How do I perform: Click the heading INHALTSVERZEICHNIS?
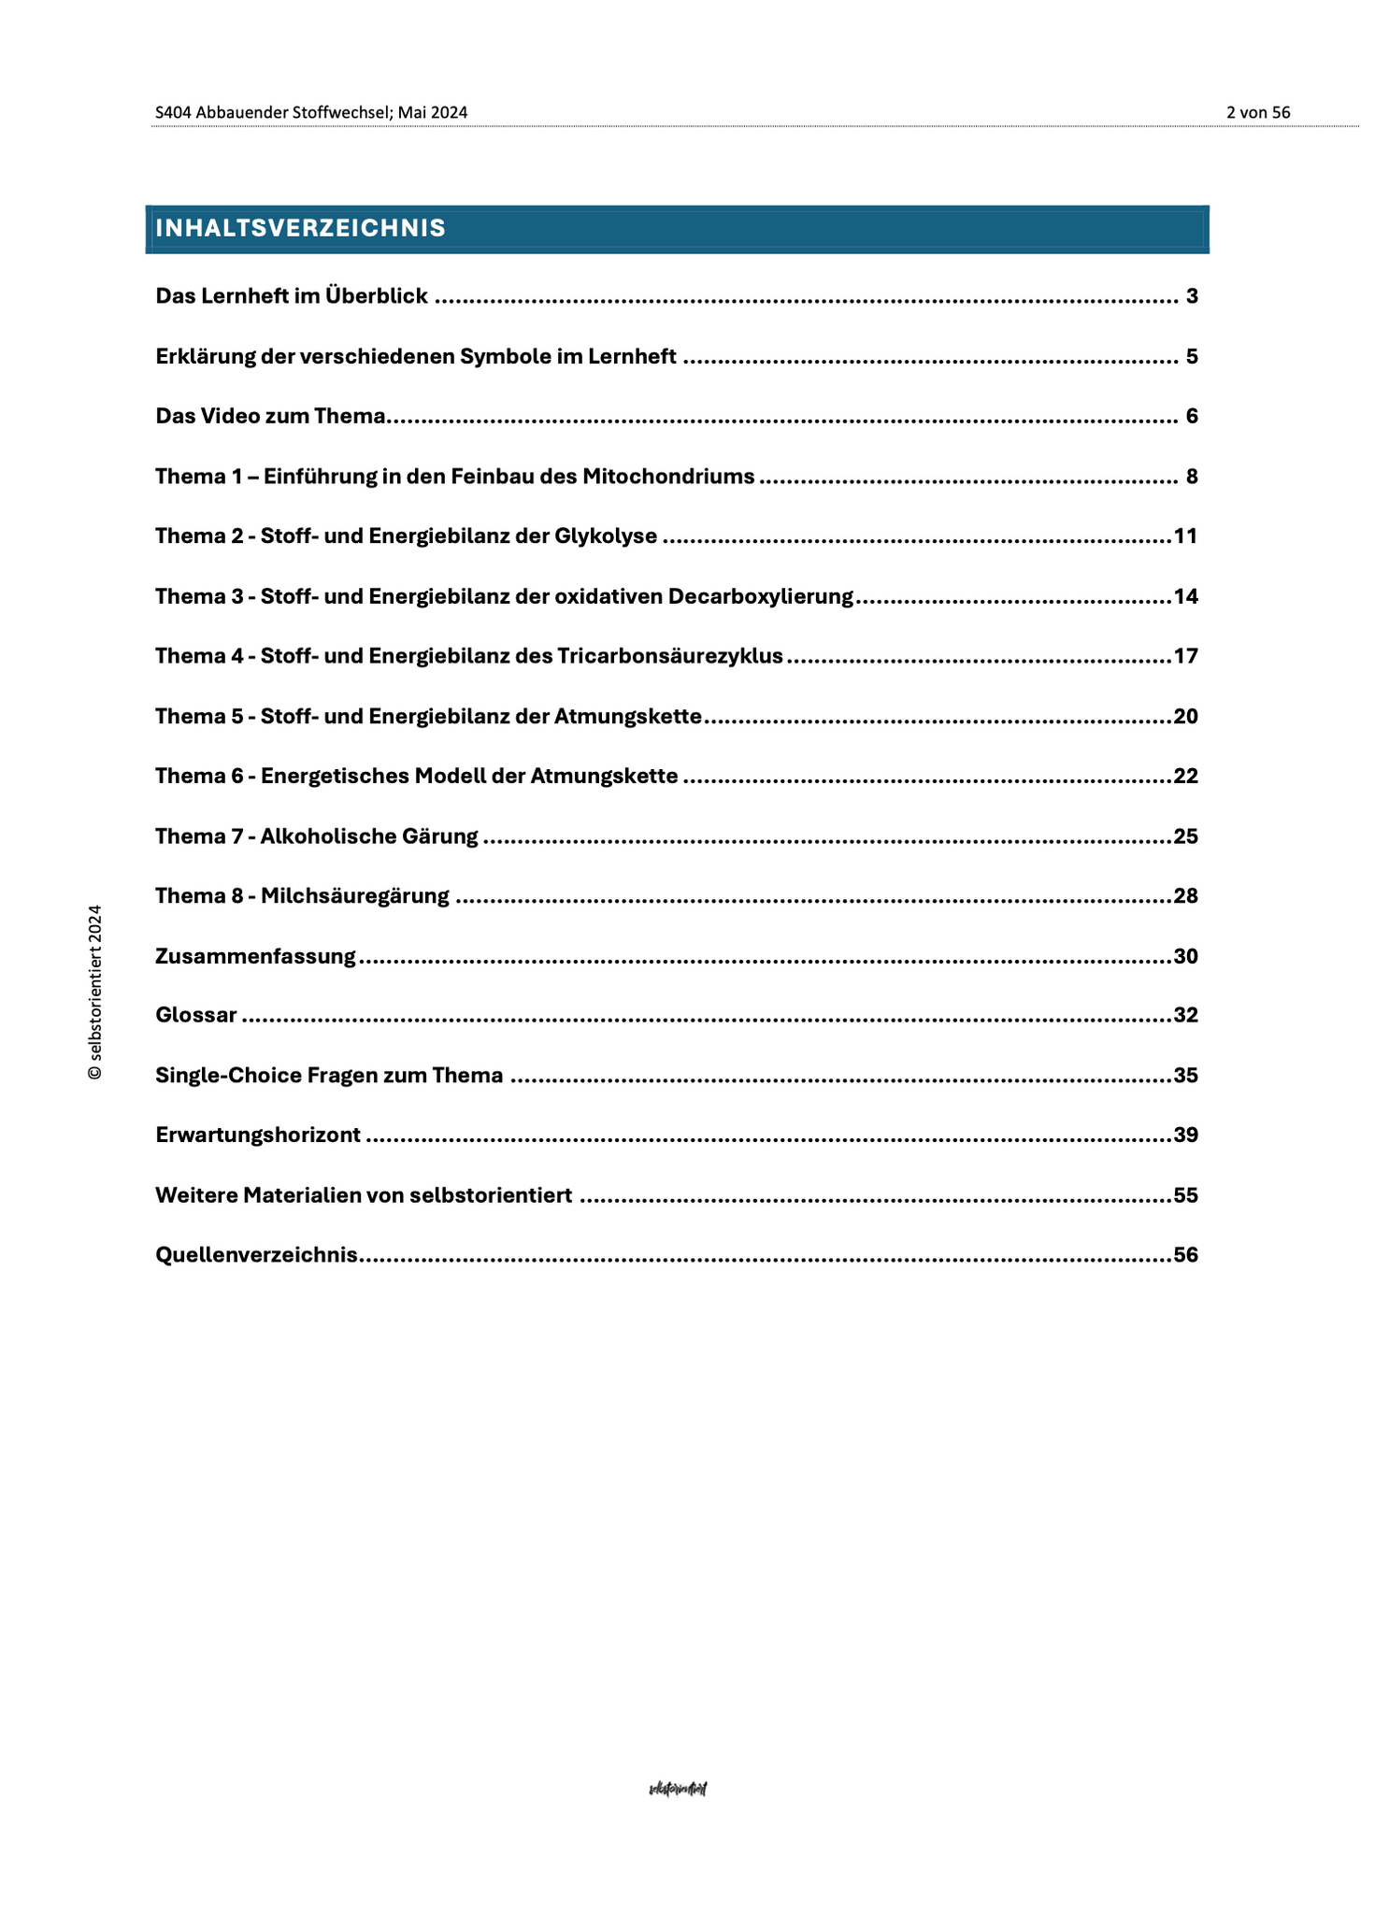click(300, 228)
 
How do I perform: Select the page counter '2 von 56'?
click(1257, 112)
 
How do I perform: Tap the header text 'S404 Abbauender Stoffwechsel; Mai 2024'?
click(311, 112)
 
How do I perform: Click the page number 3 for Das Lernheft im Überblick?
click(1191, 296)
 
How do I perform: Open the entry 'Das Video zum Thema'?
click(270, 416)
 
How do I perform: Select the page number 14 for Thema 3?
click(1185, 596)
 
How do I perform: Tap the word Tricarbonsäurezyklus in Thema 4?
click(669, 656)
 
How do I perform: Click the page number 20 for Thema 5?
click(1185, 717)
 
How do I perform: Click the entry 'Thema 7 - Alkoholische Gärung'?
click(316, 836)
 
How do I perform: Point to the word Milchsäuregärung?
click(354, 896)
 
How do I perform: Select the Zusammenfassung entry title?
click(255, 956)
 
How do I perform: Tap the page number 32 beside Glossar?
click(1185, 1015)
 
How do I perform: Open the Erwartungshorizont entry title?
click(258, 1136)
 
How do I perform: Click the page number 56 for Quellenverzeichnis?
click(1185, 1255)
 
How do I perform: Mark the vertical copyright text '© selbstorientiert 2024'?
click(94, 992)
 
